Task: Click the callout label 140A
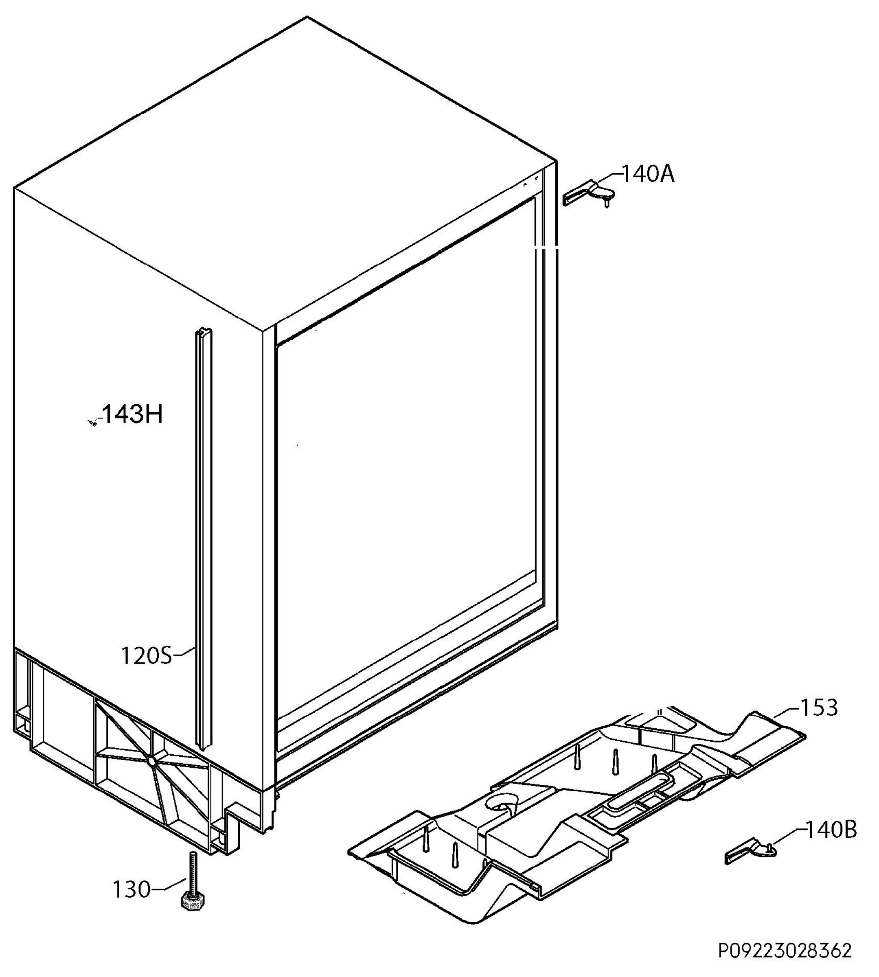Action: (x=648, y=174)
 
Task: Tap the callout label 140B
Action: (x=832, y=830)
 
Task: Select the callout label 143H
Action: (x=133, y=414)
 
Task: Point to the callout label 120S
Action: (x=146, y=656)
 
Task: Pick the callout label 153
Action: (x=819, y=708)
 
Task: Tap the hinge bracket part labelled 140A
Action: (x=589, y=193)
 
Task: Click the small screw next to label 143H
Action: (x=92, y=423)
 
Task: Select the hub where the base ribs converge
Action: (x=151, y=762)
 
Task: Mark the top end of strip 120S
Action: (x=204, y=330)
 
